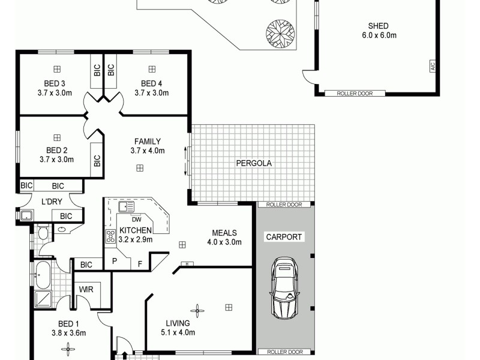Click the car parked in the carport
click(284, 290)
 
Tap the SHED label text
click(379, 26)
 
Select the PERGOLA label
click(253, 163)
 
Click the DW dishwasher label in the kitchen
click(136, 219)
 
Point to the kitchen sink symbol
click(127, 208)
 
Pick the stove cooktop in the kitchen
click(110, 236)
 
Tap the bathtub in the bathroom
click(43, 273)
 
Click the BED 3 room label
click(55, 83)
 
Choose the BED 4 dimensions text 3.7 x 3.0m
click(151, 93)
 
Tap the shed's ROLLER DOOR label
click(352, 94)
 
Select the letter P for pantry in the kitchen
click(114, 262)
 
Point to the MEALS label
click(224, 233)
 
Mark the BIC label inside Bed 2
click(97, 161)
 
